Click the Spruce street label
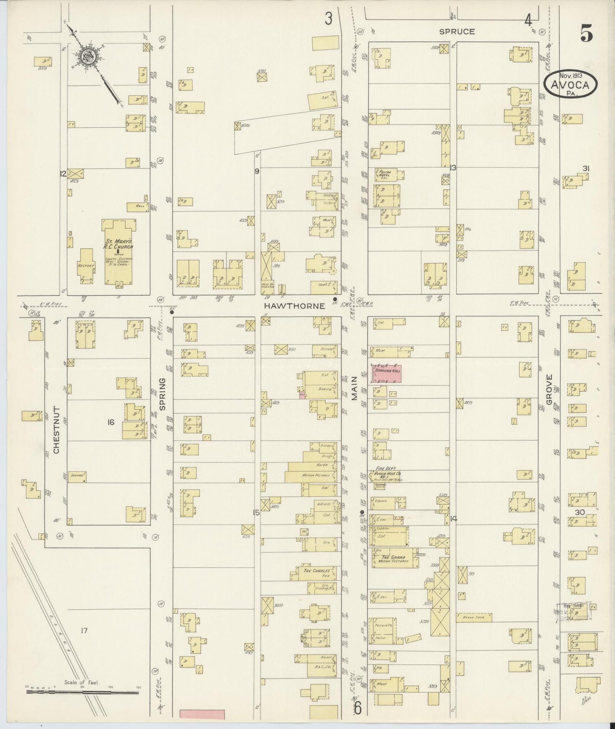point(457,31)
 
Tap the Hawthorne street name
point(294,306)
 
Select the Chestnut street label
point(57,429)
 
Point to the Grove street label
point(549,389)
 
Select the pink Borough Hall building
point(387,373)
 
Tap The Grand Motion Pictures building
point(395,558)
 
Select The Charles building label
point(316,571)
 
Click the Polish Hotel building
point(389,174)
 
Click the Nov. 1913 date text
point(570,75)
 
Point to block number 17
point(84,630)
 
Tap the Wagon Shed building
point(474,616)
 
